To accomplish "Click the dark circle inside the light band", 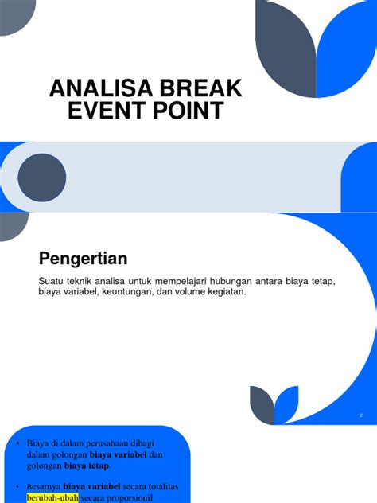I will click(41, 176).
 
